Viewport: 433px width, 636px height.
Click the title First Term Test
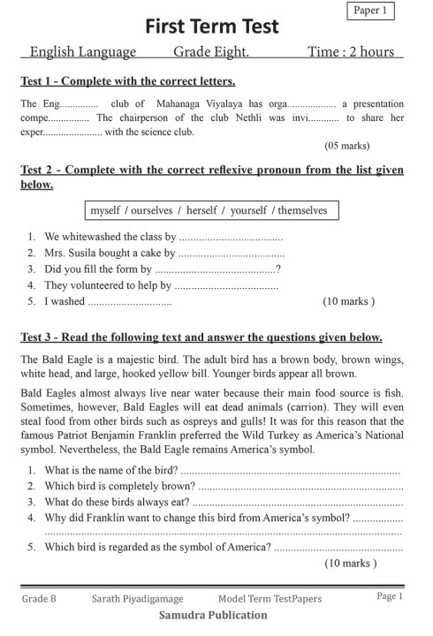coord(212,26)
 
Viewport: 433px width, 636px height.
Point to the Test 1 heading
coord(127,82)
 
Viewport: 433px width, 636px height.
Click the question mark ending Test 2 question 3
coord(278,269)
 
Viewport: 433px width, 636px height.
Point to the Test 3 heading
coord(201,337)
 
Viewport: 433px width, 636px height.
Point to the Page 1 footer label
coord(389,597)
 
